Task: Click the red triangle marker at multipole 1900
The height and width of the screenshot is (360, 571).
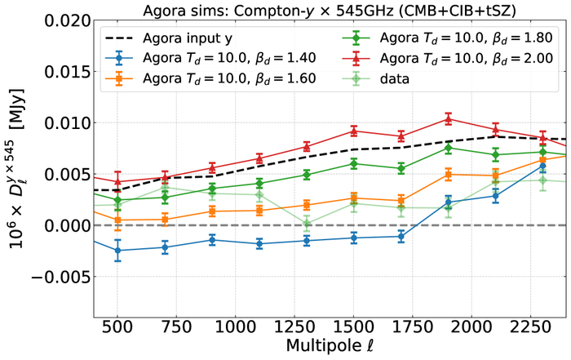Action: pyautogui.click(x=448, y=119)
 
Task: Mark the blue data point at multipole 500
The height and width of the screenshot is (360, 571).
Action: pyautogui.click(x=117, y=251)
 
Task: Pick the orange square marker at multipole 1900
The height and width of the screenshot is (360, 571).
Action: pyautogui.click(x=448, y=174)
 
